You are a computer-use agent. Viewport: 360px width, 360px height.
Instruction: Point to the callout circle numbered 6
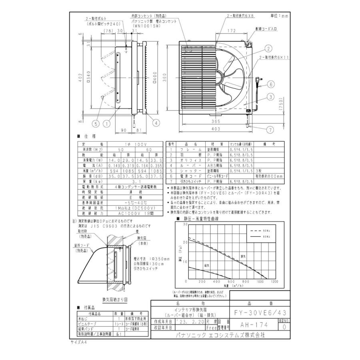click(270, 84)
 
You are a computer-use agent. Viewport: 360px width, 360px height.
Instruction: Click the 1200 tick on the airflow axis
click(274, 282)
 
